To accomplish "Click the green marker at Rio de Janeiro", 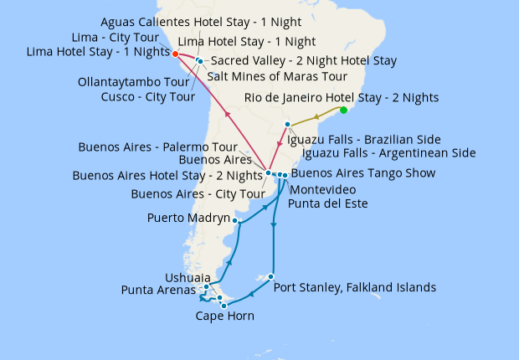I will (x=344, y=110).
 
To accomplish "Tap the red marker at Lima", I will (x=175, y=54).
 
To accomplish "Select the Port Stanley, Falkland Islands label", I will (x=355, y=287).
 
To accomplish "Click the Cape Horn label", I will (x=225, y=316).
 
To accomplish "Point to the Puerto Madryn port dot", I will (x=237, y=221).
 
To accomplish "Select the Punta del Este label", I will (x=327, y=203).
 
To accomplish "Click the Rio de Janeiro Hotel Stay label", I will (x=342, y=98).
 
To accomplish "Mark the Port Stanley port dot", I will (x=271, y=277).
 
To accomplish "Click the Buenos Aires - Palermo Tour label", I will (x=158, y=146).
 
